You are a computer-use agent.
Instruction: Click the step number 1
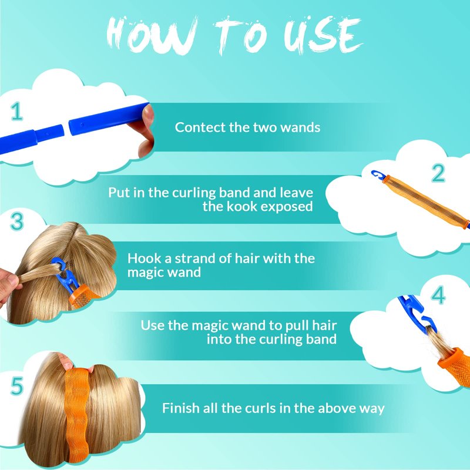pos(17,111)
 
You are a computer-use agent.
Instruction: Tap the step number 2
pos(438,173)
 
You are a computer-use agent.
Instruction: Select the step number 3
pos(17,221)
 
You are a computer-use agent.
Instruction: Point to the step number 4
pos(438,295)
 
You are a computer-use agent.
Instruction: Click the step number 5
pos(17,386)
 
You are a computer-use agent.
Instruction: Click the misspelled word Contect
pos(200,127)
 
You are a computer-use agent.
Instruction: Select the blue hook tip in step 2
pos(377,174)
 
